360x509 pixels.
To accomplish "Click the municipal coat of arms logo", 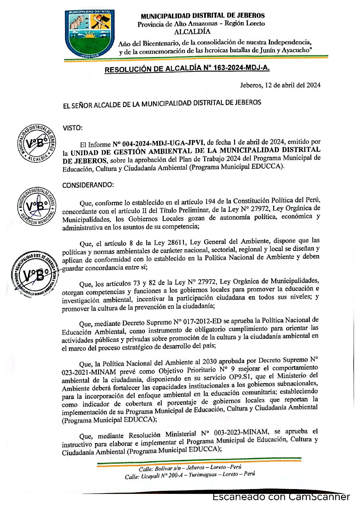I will (90, 33).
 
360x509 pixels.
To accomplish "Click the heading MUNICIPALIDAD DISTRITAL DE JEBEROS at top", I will (202, 16).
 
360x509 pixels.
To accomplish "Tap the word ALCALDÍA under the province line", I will (192, 31).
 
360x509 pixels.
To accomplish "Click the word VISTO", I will (72, 128).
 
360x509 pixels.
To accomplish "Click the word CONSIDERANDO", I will (88, 185).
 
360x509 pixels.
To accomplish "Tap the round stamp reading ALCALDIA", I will (36, 143).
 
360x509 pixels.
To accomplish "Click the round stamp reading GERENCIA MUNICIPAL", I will (37, 206).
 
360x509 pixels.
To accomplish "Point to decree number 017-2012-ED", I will (198, 322).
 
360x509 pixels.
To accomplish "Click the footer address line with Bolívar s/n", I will (190, 468).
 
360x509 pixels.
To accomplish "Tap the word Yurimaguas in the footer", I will (203, 475).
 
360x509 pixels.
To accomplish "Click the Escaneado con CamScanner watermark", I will (281, 497).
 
